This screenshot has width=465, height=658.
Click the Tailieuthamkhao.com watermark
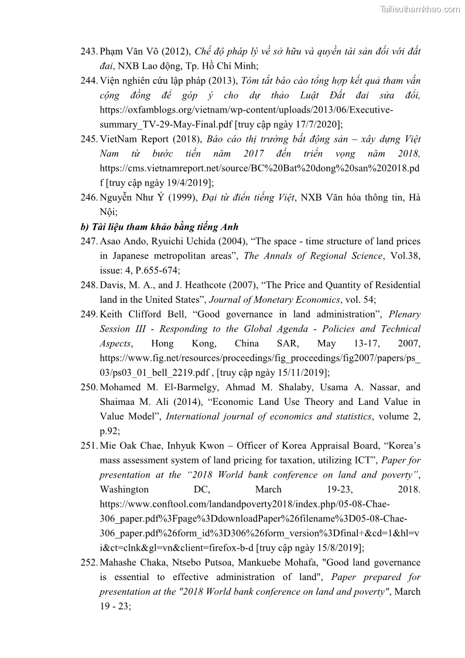pos(420,9)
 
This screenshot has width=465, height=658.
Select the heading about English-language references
pos(159,227)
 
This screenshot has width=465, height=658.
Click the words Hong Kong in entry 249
pos(170,343)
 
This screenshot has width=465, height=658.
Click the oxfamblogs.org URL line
pos(247,110)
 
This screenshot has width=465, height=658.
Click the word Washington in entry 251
pos(124,489)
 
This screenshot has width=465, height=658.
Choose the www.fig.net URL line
pos(260,358)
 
